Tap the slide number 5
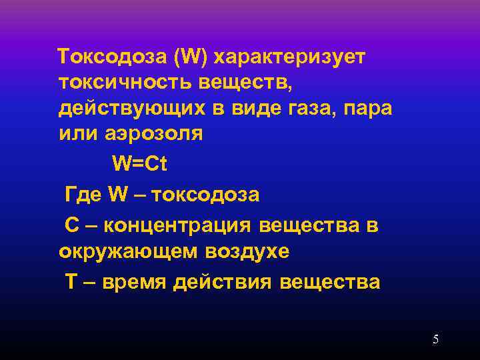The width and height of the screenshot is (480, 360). point(435,339)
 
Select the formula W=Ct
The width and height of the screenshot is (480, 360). point(139,163)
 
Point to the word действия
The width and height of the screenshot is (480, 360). point(222,282)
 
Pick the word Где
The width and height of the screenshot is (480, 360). point(83,195)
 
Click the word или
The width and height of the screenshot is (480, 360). point(75,133)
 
